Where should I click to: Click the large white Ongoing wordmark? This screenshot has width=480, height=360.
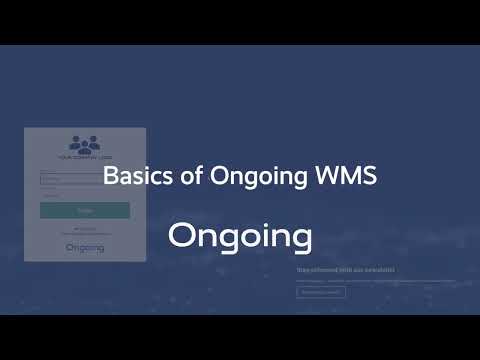point(240,237)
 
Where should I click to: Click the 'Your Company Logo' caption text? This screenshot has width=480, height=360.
point(85,158)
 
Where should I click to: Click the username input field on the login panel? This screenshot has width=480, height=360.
point(85,180)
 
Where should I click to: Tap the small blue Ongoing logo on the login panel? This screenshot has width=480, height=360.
point(85,247)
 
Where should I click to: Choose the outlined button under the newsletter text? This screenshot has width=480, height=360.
point(321,292)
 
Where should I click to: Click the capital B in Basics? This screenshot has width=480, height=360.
point(110,176)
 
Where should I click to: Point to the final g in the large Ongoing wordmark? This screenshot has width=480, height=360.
point(298,240)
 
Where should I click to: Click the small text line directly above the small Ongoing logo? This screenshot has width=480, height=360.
point(85,232)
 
